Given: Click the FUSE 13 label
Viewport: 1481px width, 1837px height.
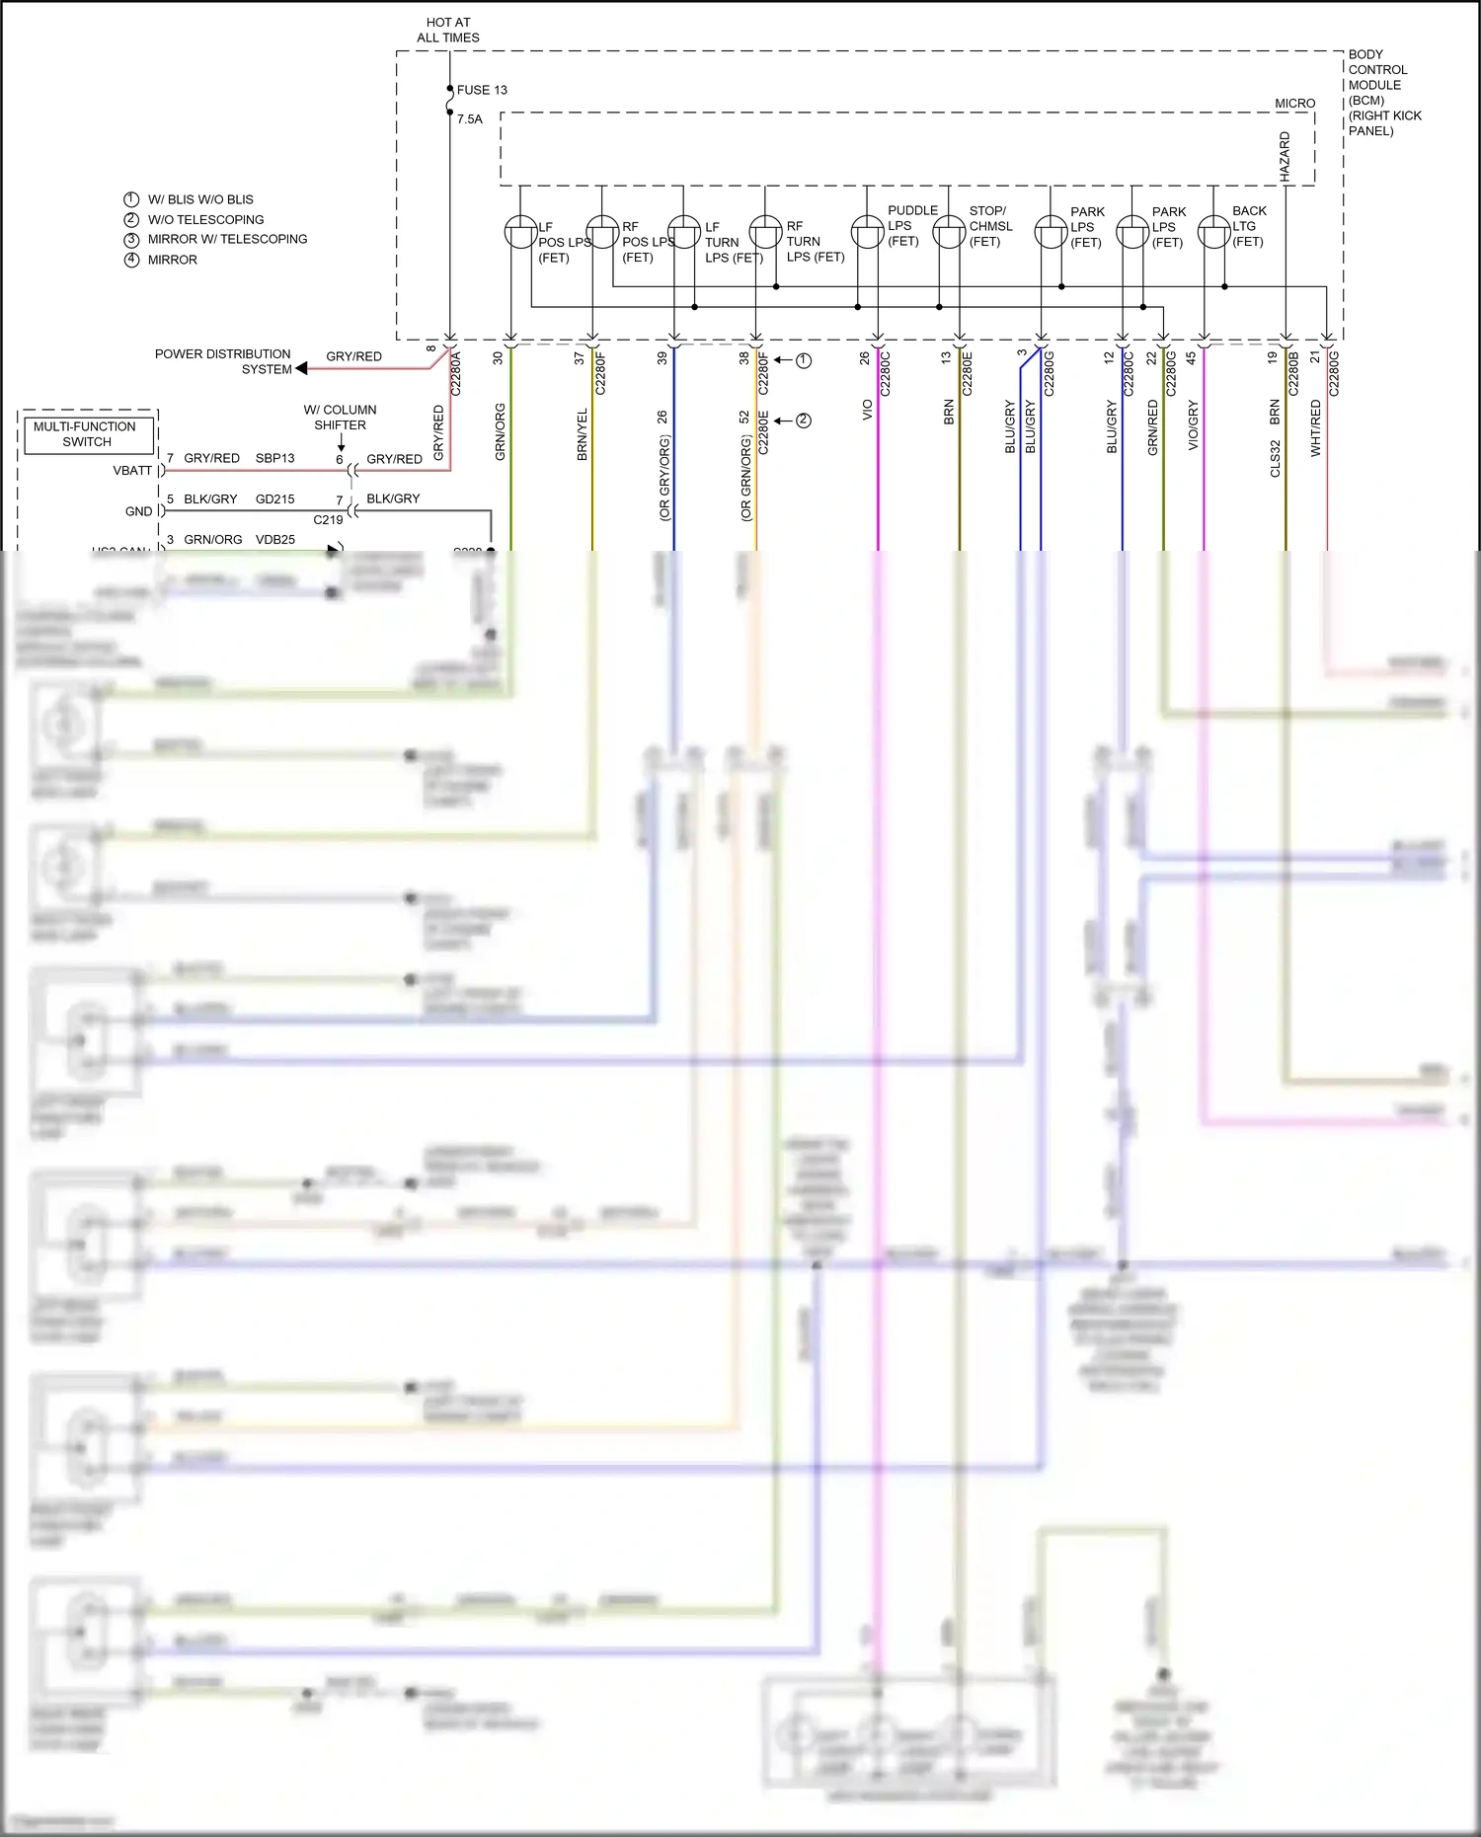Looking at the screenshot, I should (481, 90).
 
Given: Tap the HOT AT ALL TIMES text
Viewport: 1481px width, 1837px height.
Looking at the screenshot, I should (448, 30).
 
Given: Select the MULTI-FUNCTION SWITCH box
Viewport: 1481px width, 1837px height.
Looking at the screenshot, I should (86, 434).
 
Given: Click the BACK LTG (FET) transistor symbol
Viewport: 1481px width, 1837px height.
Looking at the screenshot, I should (1213, 233).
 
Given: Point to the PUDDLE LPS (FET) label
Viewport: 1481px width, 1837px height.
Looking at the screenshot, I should (911, 225).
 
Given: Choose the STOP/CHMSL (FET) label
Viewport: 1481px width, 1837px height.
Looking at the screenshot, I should (990, 226).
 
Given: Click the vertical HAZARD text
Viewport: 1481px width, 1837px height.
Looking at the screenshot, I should (1285, 157).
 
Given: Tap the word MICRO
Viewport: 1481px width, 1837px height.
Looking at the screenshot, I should (1294, 104).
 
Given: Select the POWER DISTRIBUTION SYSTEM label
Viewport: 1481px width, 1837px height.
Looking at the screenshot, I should (223, 361).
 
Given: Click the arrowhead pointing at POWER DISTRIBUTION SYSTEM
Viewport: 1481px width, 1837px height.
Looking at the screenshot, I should (302, 368).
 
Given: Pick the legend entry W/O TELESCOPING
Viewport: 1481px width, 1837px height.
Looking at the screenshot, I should (205, 219).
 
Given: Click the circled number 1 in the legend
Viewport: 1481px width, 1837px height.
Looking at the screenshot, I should (131, 199).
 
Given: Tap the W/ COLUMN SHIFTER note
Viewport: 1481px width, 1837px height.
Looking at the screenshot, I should (340, 418).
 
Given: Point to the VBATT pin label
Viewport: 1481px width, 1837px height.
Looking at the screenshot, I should (132, 471).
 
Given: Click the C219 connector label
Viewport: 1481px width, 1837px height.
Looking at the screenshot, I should (328, 520).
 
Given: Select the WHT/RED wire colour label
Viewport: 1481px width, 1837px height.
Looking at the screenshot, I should (1315, 427).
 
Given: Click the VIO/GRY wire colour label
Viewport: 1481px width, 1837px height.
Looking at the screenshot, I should (1193, 424).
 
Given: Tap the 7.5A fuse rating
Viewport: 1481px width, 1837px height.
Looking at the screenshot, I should (470, 119).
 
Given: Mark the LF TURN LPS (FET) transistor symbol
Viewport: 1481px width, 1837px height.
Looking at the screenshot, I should (683, 233).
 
